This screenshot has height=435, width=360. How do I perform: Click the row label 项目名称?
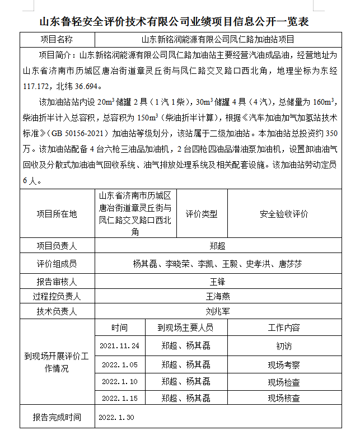[x=57, y=40]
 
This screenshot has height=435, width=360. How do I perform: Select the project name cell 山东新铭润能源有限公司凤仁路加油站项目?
[x=217, y=40]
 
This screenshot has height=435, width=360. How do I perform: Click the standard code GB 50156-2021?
[x=79, y=134]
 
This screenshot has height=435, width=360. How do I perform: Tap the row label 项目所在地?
[x=57, y=214]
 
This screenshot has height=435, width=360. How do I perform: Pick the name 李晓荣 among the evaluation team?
[x=177, y=263]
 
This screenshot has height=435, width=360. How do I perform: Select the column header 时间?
[x=119, y=328]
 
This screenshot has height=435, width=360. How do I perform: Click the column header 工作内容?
[x=284, y=328]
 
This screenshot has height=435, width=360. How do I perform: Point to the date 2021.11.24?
[x=119, y=346]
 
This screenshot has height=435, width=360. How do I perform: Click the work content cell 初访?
[x=284, y=346]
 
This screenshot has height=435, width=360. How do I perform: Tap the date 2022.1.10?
[x=119, y=382]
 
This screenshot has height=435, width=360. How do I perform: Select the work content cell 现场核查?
[x=284, y=399]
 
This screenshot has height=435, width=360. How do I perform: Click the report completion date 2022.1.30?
[x=116, y=417]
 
